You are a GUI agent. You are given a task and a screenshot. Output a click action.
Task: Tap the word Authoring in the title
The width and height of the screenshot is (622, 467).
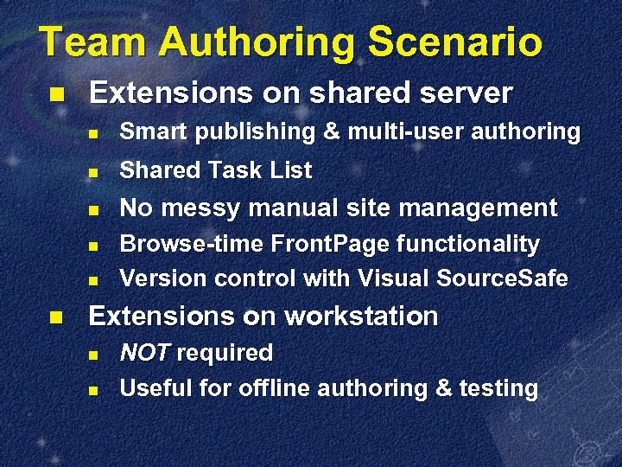[x=260, y=42]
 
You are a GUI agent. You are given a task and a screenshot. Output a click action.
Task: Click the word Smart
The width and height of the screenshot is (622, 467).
[x=154, y=132]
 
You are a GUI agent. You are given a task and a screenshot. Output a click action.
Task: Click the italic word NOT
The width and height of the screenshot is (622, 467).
[x=145, y=353]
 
